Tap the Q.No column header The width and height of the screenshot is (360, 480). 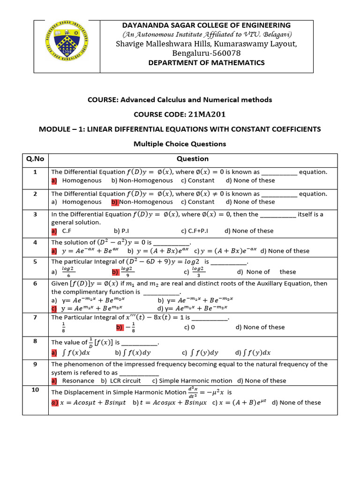click(x=35, y=159)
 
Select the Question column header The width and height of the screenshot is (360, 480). click(x=193, y=159)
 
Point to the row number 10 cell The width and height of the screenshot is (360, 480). click(x=35, y=390)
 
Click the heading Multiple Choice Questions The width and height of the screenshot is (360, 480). click(x=180, y=144)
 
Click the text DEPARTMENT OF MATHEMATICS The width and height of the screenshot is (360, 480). click(x=206, y=63)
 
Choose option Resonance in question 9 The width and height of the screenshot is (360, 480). click(x=78, y=381)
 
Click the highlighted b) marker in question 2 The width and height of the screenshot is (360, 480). click(x=115, y=202)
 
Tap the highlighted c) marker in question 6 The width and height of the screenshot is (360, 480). click(x=54, y=308)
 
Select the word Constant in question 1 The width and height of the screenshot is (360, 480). click(x=201, y=180)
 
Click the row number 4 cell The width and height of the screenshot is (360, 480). click(x=35, y=242)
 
